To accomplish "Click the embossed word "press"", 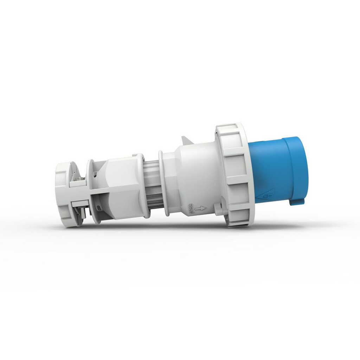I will (x=190, y=208).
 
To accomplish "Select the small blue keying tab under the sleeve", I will (x=297, y=201).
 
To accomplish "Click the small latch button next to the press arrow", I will (x=219, y=210).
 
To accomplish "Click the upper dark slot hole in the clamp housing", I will (x=96, y=172).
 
